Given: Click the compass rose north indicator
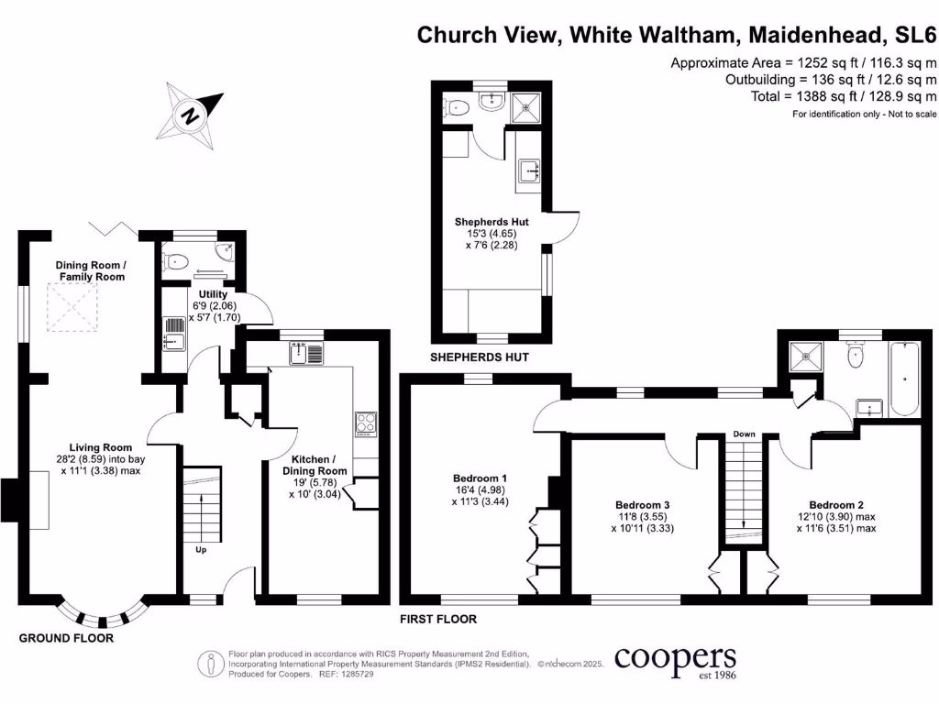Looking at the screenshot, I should click(x=192, y=115).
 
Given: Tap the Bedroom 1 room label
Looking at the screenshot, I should click(x=480, y=489).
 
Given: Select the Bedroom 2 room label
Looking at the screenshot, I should click(x=836, y=516).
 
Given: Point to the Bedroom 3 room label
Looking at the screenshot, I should click(x=642, y=516).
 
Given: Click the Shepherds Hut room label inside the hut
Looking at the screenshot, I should click(x=492, y=233).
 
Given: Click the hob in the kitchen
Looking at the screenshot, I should click(x=365, y=423).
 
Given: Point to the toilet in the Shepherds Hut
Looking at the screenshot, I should click(x=456, y=108).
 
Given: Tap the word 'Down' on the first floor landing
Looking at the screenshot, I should click(x=743, y=434).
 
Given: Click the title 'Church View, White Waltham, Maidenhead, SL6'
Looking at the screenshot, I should click(x=677, y=35).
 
